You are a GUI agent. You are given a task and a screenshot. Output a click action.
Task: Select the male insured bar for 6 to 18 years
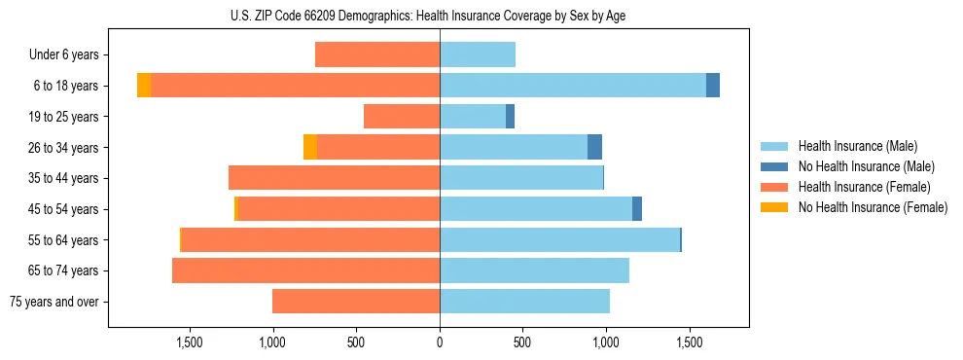[x=573, y=86]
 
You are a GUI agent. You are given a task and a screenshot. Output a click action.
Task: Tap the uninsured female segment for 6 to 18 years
[x=144, y=86]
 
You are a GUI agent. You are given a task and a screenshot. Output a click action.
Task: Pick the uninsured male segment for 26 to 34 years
[x=594, y=147]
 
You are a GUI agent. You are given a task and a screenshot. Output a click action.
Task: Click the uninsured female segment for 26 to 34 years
[x=310, y=147]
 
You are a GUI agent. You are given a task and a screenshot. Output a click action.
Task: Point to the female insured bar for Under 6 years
[x=377, y=54]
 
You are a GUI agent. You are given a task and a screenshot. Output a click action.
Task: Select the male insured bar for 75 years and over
[x=524, y=302]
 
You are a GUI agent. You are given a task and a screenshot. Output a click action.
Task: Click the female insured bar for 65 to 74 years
[x=305, y=270]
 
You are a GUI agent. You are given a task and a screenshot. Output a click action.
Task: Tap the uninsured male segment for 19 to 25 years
[x=510, y=117]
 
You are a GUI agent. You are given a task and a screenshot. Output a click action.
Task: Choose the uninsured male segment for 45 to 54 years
[x=637, y=209]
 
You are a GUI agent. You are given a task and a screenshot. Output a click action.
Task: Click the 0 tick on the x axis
[x=440, y=342]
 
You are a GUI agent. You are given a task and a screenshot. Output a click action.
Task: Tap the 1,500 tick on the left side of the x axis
[x=189, y=342]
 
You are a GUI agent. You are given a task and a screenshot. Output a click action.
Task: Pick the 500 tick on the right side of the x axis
[x=522, y=342]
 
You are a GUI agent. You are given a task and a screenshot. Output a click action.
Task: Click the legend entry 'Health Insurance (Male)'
[x=857, y=146]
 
